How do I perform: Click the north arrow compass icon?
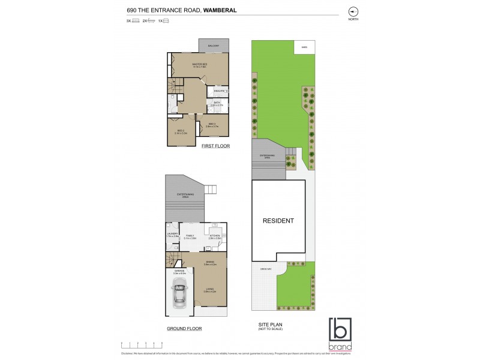pyautogui.click(x=353, y=11)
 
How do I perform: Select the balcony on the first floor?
pyautogui.click(x=213, y=46)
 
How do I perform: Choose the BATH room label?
pyautogui.click(x=215, y=103)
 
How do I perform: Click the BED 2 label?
pyautogui.click(x=212, y=125)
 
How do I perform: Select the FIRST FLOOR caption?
pyautogui.click(x=215, y=146)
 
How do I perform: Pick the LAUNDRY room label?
pyautogui.click(x=173, y=236)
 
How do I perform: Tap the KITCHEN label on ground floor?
pyautogui.click(x=215, y=236)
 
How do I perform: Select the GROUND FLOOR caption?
pyautogui.click(x=184, y=329)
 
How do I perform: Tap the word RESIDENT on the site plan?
pyautogui.click(x=279, y=221)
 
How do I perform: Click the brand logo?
pyautogui.click(x=340, y=334)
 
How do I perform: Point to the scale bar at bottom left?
pyautogui.click(x=142, y=344)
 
